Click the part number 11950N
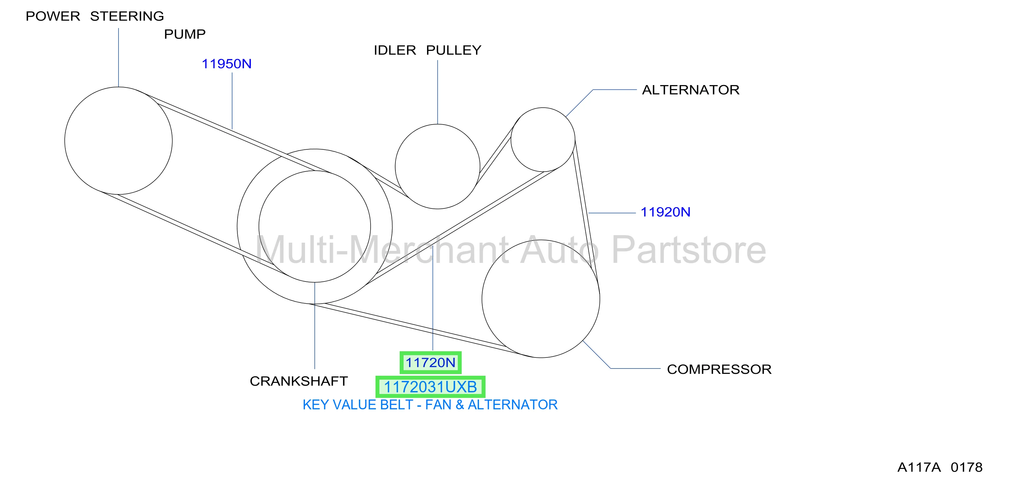tap(227, 64)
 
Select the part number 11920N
tap(665, 212)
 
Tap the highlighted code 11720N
tap(430, 362)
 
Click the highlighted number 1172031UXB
tap(430, 387)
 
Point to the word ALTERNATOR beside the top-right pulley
tap(691, 90)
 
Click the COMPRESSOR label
tap(719, 370)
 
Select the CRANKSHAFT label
tap(299, 381)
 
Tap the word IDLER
tap(395, 50)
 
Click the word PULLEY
tap(454, 50)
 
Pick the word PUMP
tap(185, 35)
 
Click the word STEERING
tap(127, 16)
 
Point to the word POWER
tap(53, 16)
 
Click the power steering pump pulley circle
tap(65, 141)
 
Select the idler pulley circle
tap(395, 166)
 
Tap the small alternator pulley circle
tap(511, 140)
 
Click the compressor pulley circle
tap(482, 299)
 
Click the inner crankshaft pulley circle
tap(259, 226)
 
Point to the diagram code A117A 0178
tap(940, 467)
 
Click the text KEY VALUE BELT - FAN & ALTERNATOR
tap(430, 405)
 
